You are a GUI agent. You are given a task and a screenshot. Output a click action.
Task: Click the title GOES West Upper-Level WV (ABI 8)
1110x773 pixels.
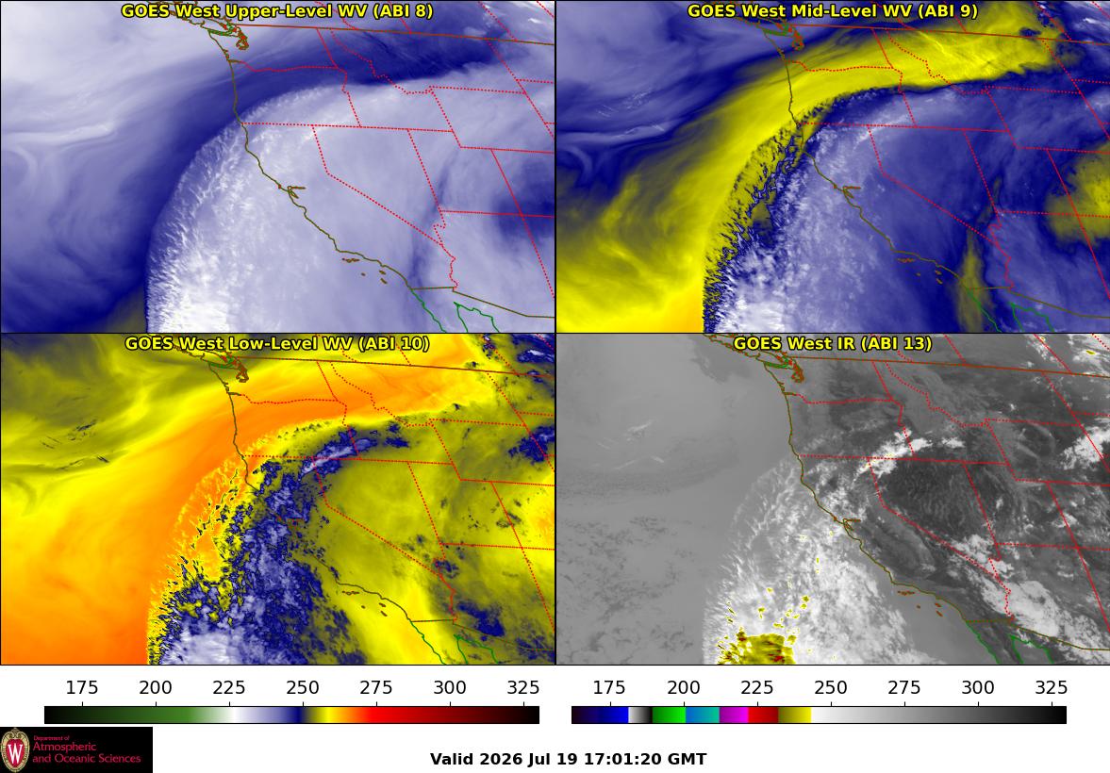(276, 10)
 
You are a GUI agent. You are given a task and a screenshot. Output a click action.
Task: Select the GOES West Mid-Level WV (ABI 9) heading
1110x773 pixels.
(833, 10)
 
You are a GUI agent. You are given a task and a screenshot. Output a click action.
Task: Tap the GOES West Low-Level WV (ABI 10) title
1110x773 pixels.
(276, 343)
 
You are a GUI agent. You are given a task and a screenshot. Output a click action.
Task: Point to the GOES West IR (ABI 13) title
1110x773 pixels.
(833, 343)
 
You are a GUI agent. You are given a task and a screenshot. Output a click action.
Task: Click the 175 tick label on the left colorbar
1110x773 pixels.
(82, 687)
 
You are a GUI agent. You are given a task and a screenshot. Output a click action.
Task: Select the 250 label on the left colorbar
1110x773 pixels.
(303, 687)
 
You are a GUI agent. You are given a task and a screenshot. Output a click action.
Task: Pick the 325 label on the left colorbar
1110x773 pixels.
(523, 687)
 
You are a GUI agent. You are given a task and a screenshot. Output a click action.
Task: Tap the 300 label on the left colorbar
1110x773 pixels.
(450, 687)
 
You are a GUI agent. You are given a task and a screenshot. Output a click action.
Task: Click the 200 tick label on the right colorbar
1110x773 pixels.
(683, 687)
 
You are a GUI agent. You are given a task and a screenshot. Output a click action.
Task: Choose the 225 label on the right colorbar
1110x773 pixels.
(756, 687)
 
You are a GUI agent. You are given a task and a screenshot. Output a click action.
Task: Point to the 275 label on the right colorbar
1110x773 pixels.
(904, 687)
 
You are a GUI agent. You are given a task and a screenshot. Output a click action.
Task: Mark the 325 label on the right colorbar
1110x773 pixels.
(1052, 687)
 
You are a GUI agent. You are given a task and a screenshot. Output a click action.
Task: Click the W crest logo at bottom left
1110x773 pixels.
(16, 750)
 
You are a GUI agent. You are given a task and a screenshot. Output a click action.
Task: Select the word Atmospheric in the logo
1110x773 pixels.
(64, 748)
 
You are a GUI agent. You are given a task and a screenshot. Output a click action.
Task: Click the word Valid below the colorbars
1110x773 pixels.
(453, 760)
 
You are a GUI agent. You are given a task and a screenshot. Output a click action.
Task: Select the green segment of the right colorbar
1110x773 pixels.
(669, 715)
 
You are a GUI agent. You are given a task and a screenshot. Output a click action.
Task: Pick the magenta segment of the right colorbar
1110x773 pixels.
(734, 715)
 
